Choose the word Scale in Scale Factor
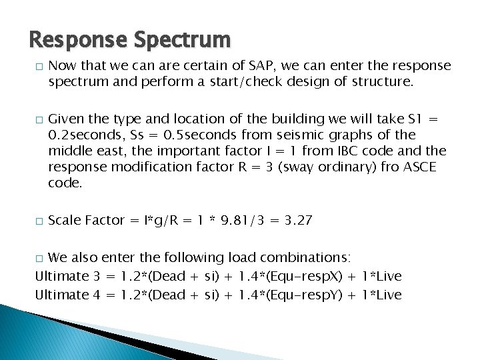pos(65,221)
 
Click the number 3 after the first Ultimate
pos(97,276)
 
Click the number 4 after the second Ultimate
pos(97,295)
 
